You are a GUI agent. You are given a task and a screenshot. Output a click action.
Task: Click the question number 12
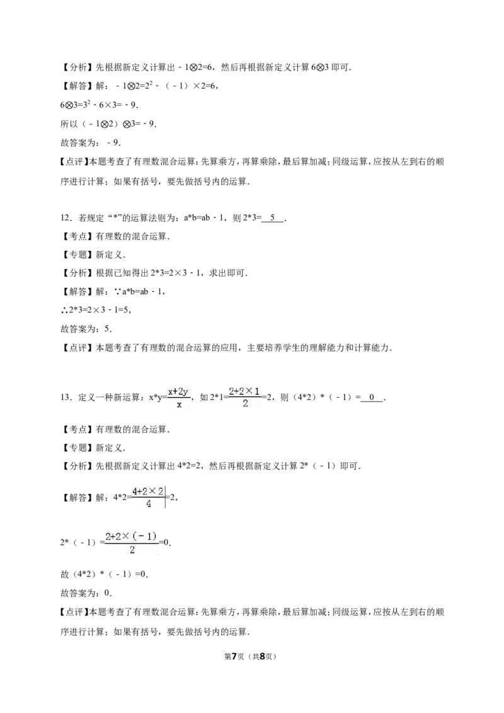(66, 218)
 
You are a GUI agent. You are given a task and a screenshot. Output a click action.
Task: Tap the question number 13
(66, 397)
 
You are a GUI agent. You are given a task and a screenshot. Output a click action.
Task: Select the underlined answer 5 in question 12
(273, 218)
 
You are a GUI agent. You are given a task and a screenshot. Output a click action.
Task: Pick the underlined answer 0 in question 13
(372, 397)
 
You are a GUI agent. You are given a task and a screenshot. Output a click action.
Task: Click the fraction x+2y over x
(179, 397)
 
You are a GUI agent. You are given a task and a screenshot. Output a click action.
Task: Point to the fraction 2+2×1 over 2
(245, 397)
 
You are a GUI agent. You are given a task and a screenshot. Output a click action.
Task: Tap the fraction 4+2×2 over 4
(148, 497)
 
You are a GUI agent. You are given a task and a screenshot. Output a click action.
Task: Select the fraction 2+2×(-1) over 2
(132, 543)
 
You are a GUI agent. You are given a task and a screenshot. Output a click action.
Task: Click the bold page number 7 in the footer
(235, 656)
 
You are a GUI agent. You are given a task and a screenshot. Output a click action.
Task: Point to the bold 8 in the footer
(263, 656)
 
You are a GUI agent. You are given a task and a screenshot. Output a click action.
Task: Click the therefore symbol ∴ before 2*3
(64, 310)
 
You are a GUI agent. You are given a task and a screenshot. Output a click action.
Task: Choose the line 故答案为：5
(86, 329)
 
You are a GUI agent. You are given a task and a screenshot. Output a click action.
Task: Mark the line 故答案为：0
(86, 593)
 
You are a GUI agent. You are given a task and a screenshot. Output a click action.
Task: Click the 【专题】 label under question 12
(77, 254)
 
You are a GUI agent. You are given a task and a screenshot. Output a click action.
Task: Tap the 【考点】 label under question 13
(77, 430)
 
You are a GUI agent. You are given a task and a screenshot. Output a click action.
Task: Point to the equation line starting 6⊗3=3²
(99, 105)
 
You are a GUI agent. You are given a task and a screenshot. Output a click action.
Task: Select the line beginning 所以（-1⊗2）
(108, 123)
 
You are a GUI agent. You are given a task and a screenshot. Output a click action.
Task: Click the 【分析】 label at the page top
(77, 67)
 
